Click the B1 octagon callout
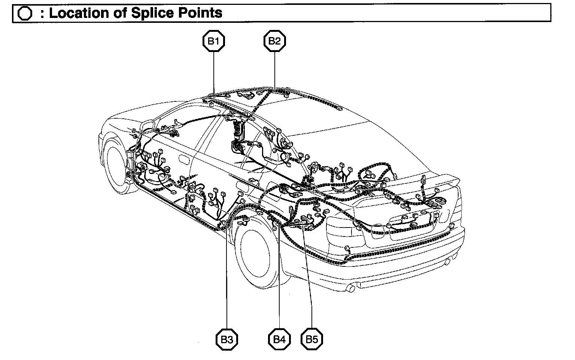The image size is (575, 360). click(x=213, y=42)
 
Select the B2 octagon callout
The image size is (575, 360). click(x=275, y=41)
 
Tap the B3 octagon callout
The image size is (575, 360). click(x=227, y=340)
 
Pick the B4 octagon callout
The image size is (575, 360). click(x=279, y=340)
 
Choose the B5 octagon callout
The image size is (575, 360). click(x=312, y=340)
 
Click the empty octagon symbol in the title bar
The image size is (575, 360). click(x=25, y=13)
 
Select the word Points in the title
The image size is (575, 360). click(x=201, y=13)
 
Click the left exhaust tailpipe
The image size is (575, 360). click(x=351, y=288)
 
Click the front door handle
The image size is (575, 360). click(x=184, y=159)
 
